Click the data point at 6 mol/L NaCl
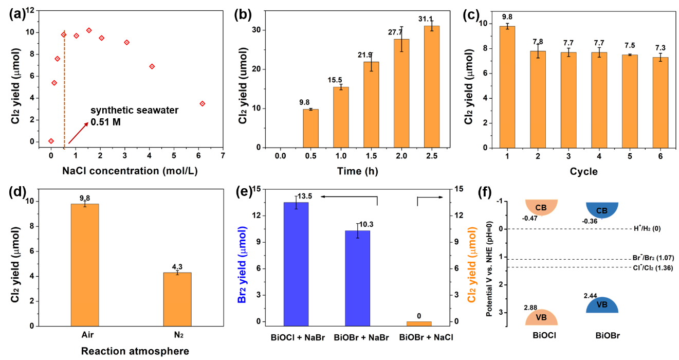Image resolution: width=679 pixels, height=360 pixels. pos(203,103)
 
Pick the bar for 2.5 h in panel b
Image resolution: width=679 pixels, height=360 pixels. pos(432,86)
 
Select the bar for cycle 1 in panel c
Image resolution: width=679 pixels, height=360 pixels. pos(508,86)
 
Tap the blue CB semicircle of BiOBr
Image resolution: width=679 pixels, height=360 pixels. pos(602,209)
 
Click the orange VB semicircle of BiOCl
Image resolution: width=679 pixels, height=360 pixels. pos(541,317)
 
